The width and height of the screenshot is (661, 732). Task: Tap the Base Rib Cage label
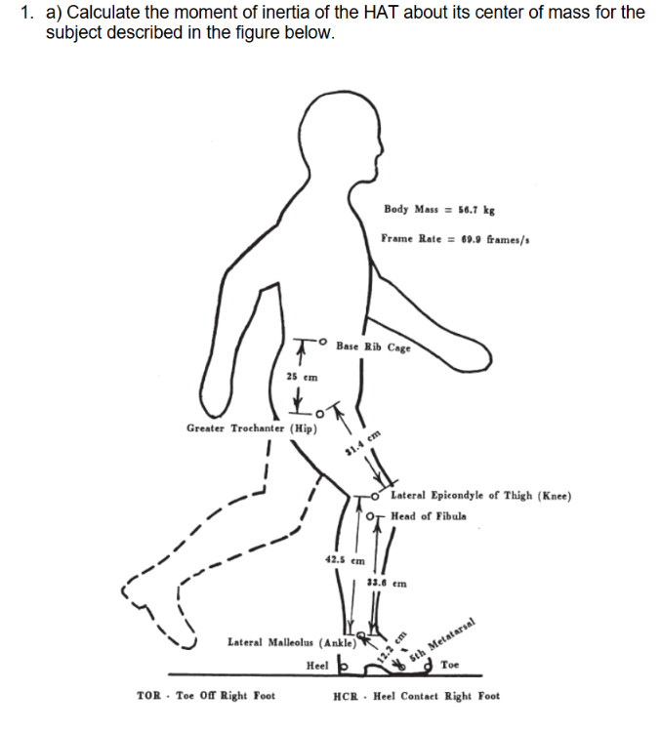tap(373, 346)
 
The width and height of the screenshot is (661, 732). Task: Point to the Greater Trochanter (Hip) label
tap(248, 427)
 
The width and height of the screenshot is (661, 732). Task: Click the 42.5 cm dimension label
tap(344, 560)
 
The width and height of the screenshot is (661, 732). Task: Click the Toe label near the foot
tap(450, 666)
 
